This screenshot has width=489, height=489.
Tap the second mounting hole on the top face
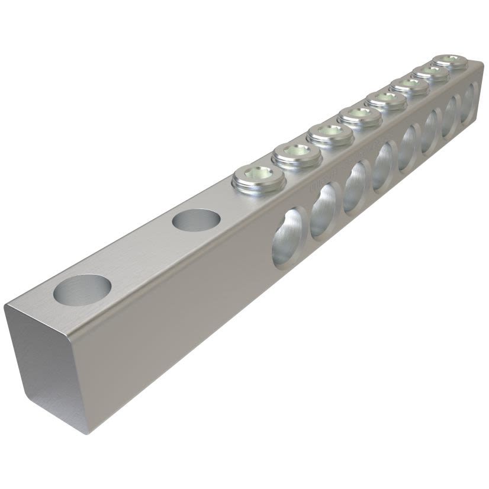coord(196,220)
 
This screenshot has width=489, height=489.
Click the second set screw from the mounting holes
coord(297,154)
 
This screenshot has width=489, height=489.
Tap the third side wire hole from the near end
coord(356,185)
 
